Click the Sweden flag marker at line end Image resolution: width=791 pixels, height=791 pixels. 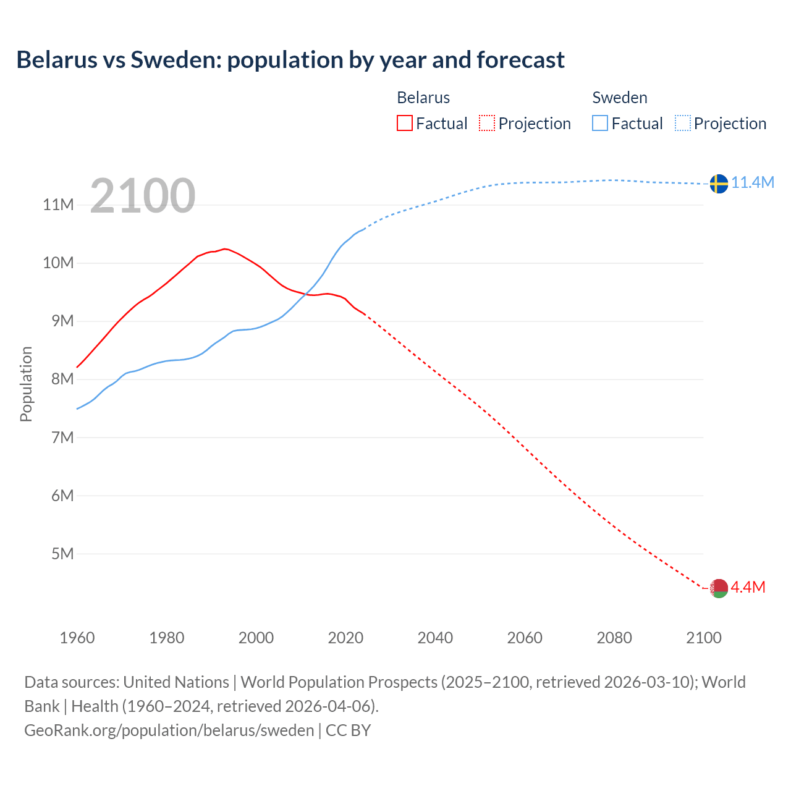pyautogui.click(x=719, y=184)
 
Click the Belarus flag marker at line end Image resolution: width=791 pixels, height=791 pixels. pyautogui.click(x=719, y=588)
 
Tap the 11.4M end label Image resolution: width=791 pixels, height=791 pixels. pyautogui.click(x=753, y=182)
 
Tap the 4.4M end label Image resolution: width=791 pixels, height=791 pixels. pyautogui.click(x=748, y=587)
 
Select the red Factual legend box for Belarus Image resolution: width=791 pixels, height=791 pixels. pyautogui.click(x=404, y=124)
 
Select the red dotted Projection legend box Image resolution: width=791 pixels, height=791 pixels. pyautogui.click(x=487, y=124)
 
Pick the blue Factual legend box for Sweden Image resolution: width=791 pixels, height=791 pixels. pyautogui.click(x=600, y=124)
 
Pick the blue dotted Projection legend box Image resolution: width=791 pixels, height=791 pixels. pyautogui.click(x=683, y=124)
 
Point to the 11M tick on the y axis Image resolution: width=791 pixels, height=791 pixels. pyautogui.click(x=58, y=205)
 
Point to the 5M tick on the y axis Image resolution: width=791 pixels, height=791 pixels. pyautogui.click(x=62, y=554)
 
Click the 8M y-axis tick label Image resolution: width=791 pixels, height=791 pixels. pyautogui.click(x=62, y=379)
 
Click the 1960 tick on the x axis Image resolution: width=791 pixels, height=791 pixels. pyautogui.click(x=77, y=638)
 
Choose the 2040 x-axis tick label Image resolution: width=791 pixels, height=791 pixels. pyautogui.click(x=435, y=638)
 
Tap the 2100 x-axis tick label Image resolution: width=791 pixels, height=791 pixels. pyautogui.click(x=703, y=638)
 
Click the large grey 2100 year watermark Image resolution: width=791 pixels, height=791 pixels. pyautogui.click(x=143, y=196)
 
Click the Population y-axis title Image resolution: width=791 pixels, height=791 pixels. pyautogui.click(x=26, y=384)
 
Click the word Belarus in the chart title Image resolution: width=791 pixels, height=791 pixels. pyautogui.click(x=57, y=60)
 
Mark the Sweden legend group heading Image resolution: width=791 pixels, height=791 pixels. pyautogui.click(x=620, y=98)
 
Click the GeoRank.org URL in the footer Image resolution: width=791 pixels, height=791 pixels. pyautogui.click(x=169, y=730)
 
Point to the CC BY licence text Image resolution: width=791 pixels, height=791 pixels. pyautogui.click(x=348, y=730)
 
